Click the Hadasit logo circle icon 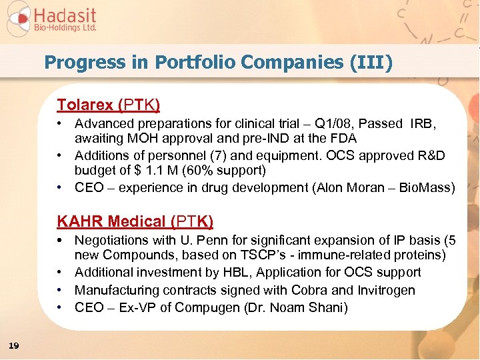(18, 19)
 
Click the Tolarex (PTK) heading (108, 105)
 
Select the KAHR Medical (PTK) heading (135, 221)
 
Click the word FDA (343, 139)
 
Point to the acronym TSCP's (261, 256)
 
